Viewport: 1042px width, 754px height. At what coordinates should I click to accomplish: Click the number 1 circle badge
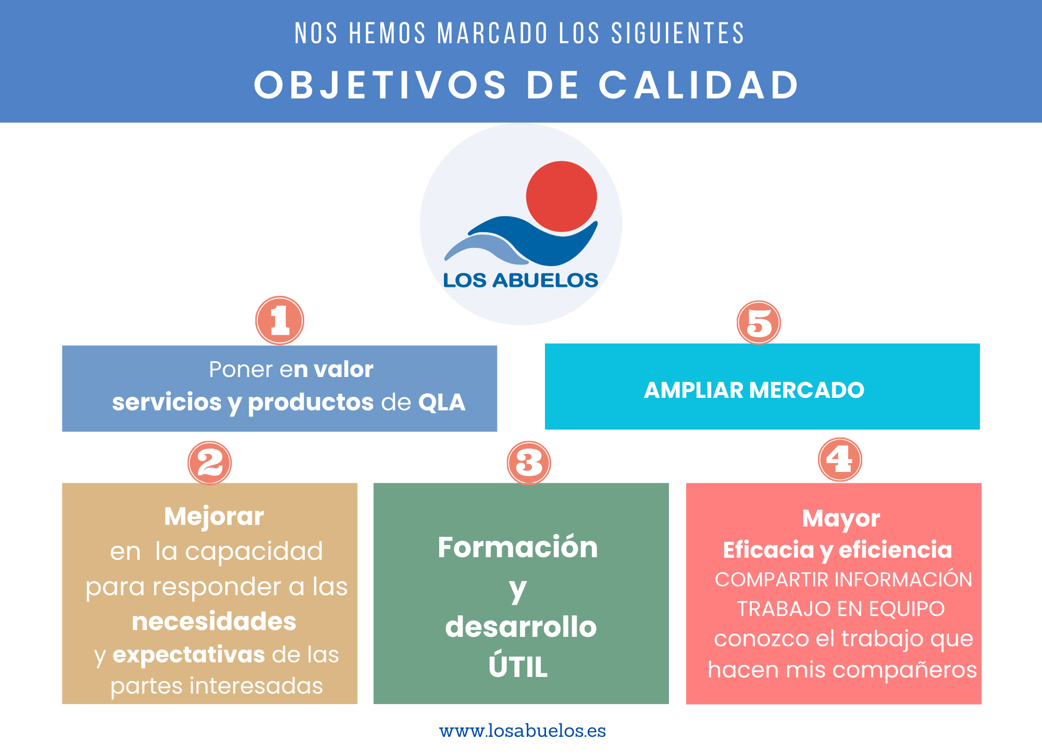(280, 320)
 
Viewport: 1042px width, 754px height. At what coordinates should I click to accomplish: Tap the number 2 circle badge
(209, 463)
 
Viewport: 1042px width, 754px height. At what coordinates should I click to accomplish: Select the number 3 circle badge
(529, 463)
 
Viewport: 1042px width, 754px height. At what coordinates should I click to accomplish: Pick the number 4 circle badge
(840, 459)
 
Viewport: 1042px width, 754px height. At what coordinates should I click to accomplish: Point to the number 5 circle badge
(759, 322)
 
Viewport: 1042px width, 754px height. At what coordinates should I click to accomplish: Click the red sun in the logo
(562, 196)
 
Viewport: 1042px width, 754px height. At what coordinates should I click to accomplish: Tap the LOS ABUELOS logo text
(520, 280)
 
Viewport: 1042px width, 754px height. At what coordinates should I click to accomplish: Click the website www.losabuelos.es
(523, 731)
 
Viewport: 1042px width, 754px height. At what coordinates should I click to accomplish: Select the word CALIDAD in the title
(699, 85)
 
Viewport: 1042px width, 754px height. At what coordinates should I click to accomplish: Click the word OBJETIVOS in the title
(380, 85)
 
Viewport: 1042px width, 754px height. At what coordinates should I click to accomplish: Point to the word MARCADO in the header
(492, 33)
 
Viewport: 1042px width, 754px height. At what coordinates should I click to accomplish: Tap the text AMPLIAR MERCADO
(754, 390)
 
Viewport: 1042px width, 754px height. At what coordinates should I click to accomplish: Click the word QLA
(442, 403)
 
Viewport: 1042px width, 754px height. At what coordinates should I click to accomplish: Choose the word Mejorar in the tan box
(214, 517)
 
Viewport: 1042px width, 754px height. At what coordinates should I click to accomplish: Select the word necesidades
(214, 622)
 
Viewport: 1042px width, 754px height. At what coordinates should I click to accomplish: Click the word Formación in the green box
(518, 547)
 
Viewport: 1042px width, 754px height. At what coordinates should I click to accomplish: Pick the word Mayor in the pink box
(841, 519)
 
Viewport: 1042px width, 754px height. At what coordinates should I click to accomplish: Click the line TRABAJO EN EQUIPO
(841, 609)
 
